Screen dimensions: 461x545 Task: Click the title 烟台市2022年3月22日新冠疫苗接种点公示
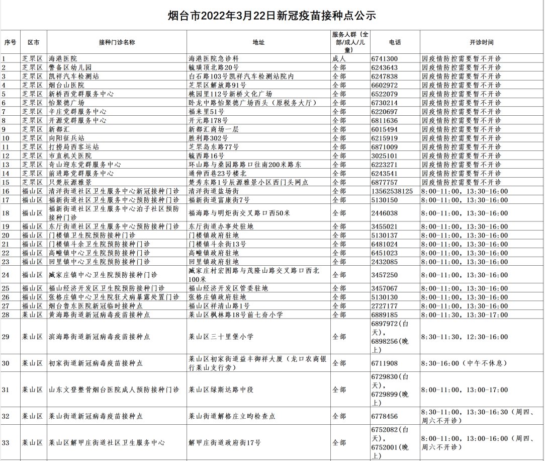pos(272,16)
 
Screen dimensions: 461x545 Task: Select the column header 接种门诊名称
pos(117,42)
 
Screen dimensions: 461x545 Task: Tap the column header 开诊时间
pos(481,42)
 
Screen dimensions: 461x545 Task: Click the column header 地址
pos(258,42)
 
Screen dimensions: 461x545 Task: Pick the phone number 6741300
pos(385,58)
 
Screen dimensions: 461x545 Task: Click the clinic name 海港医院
pos(62,58)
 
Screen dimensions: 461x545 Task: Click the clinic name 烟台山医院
pos(66,85)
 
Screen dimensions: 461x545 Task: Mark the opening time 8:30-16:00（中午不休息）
pos(464,363)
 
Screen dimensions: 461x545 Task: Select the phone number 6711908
pos(385,363)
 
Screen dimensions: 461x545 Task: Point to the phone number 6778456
pos(385,416)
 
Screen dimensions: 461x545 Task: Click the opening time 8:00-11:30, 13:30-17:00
pos(465,315)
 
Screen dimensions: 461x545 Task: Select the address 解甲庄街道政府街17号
pos(224,443)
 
